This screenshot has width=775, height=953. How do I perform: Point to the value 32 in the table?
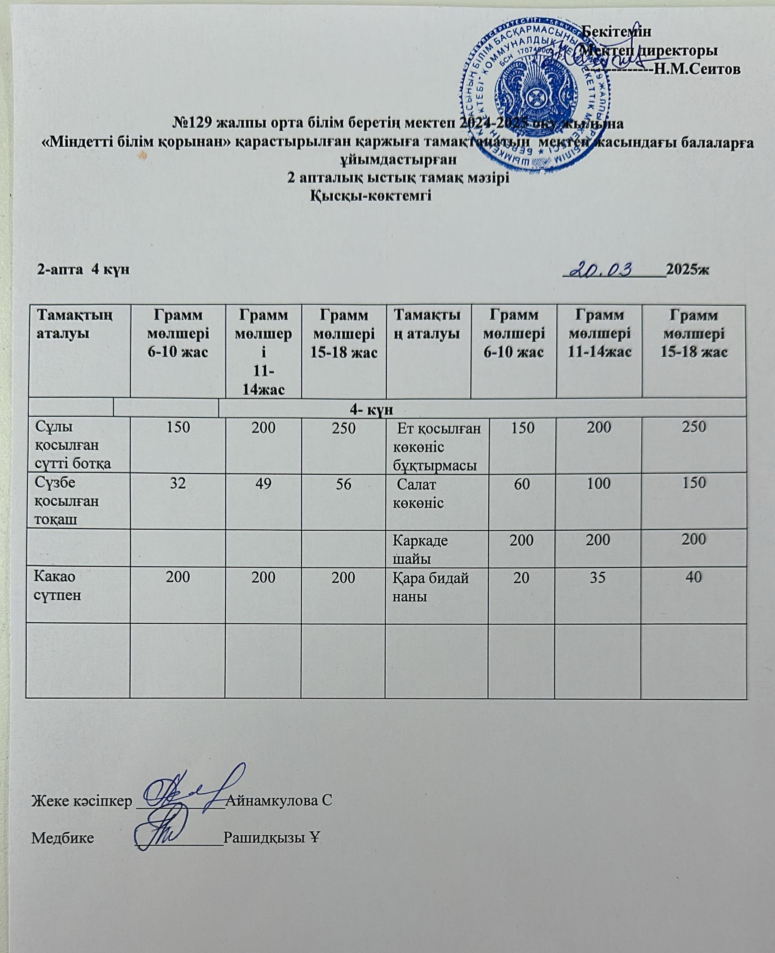(x=178, y=483)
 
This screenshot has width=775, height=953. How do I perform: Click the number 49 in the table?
(x=263, y=483)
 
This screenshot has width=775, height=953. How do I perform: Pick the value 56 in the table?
(x=343, y=483)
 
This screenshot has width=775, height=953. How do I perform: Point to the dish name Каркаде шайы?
(x=420, y=549)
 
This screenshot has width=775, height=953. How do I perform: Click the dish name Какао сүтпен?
(x=58, y=586)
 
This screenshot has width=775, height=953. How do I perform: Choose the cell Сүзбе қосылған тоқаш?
(x=67, y=501)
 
